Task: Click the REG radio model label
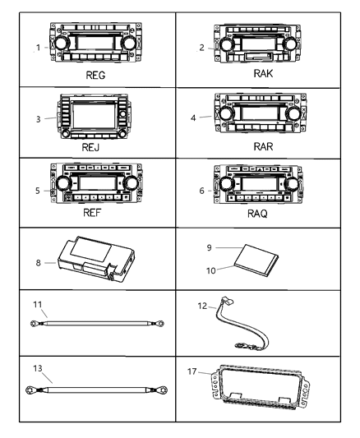tap(94, 74)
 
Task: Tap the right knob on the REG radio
tap(130, 43)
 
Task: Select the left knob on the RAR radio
tap(224, 113)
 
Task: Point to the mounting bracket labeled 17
tap(260, 399)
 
